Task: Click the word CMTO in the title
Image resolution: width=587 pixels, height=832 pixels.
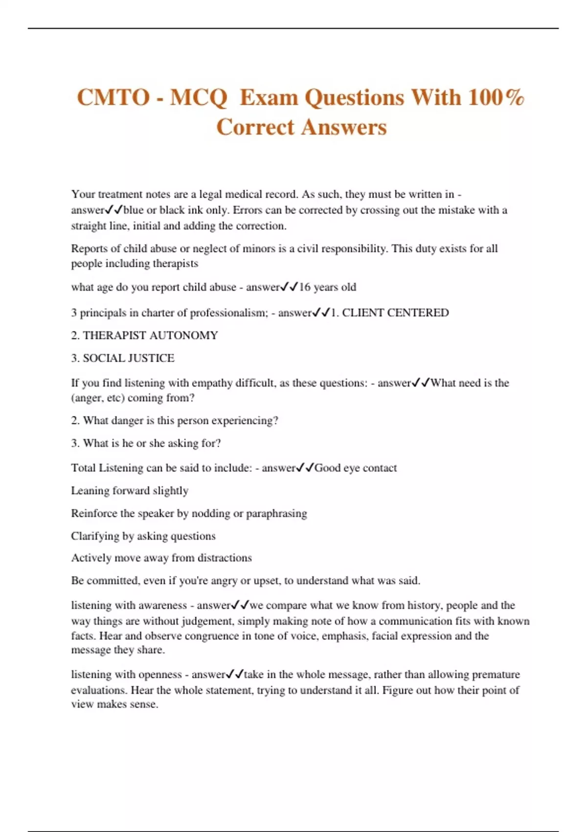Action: (113, 97)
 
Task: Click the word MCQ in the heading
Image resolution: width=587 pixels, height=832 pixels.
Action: (199, 97)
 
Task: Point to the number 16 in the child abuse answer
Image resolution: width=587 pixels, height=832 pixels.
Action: (305, 287)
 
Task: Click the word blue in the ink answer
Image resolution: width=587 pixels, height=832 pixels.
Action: (134, 210)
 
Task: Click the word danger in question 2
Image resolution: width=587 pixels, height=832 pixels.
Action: (128, 420)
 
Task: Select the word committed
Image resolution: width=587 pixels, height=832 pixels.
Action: (110, 581)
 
